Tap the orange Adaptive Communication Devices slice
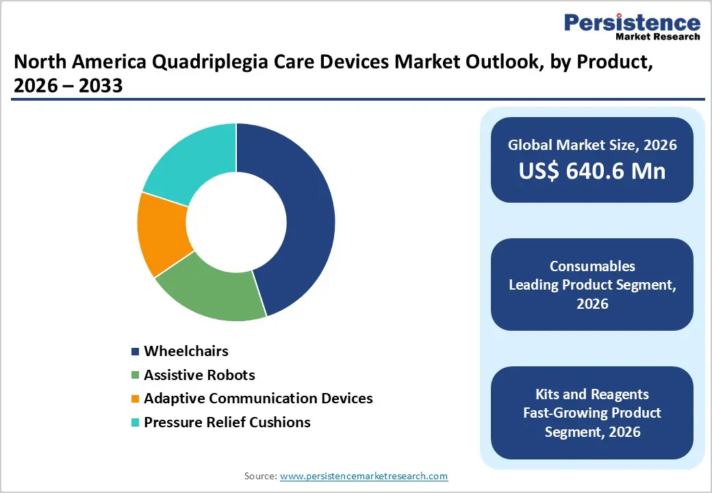coord(162,233)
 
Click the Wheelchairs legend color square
coord(136,352)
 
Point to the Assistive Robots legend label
coord(199,375)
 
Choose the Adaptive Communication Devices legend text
coord(258,398)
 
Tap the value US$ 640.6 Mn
coord(592,170)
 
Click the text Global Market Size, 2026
coord(592,144)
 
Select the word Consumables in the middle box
coord(592,266)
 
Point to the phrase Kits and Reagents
coord(592,394)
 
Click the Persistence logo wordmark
coord(632,23)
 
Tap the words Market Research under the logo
coord(657,37)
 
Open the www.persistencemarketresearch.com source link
coord(364,476)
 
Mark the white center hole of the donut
coord(236,222)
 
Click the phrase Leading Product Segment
coord(592,285)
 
